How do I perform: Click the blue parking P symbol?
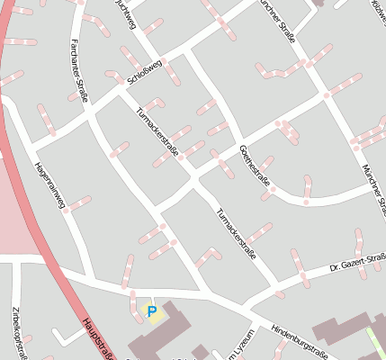[x=151, y=312]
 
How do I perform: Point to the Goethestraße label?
[x=256, y=166]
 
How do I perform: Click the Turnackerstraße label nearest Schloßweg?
[x=157, y=130]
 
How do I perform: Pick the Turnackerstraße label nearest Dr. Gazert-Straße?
[x=237, y=234]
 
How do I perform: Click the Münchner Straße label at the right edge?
[x=373, y=189]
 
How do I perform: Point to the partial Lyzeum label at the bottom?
[x=239, y=346]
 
